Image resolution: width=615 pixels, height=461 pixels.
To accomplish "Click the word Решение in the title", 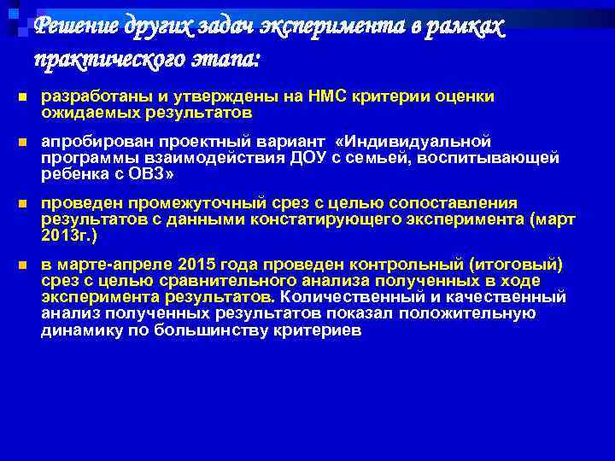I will (76, 28).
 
